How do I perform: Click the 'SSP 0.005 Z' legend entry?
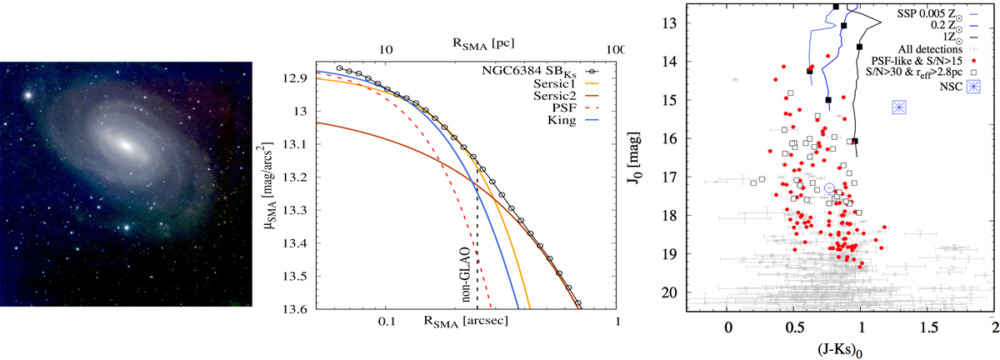(x=935, y=14)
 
